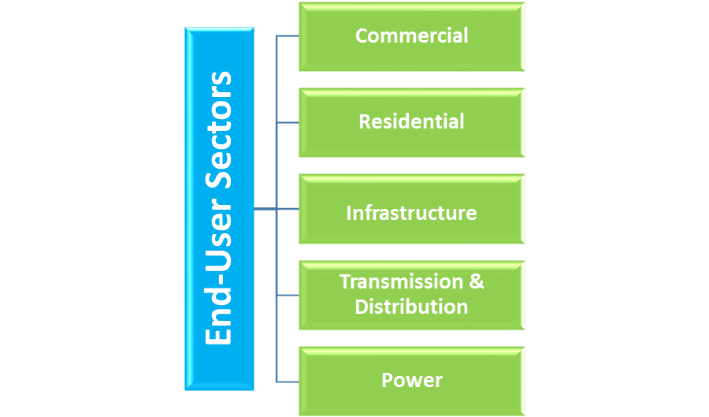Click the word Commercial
click(x=411, y=35)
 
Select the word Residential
click(x=411, y=121)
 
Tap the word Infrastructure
click(x=411, y=213)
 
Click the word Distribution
click(x=411, y=307)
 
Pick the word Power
click(x=411, y=380)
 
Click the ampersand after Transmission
click(x=477, y=281)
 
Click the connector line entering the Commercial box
click(x=288, y=36)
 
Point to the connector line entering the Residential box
click(x=288, y=122)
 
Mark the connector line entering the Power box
click(x=288, y=382)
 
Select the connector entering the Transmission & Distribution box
click(x=288, y=295)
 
